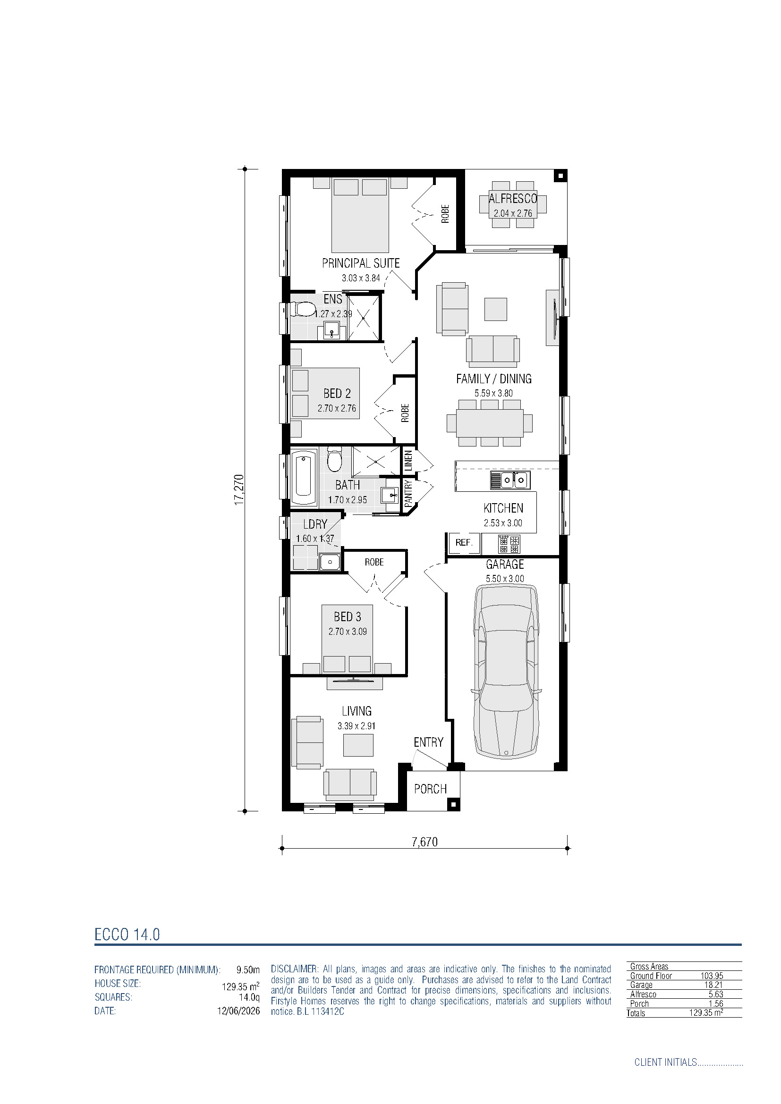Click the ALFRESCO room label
coord(513,198)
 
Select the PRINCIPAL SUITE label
coord(361,263)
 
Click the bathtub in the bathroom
coord(304,477)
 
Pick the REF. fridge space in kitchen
coord(464,542)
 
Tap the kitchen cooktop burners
coord(509,544)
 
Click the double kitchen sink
coord(510,480)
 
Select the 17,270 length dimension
coord(239,489)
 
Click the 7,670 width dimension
coord(424,842)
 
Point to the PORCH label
coord(431,789)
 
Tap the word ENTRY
coord(428,742)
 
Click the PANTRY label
coord(408,493)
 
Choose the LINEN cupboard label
coord(408,460)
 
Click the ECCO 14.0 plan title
coord(127,934)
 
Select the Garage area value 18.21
coord(713,985)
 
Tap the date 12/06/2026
coord(238,1011)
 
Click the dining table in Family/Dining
coord(490,422)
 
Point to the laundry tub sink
coord(330,562)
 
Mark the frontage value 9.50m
coord(248,969)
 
